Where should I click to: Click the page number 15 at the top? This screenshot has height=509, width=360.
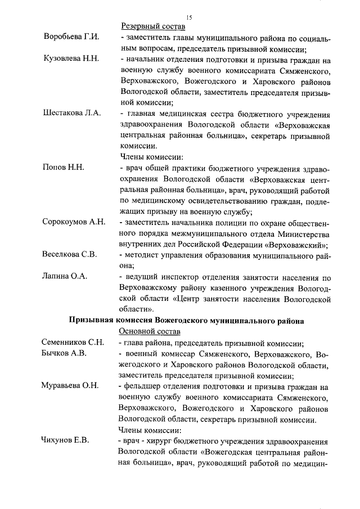tap(189, 17)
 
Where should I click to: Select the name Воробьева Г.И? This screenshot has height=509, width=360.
tap(71, 37)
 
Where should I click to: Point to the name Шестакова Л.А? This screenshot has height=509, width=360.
tap(71, 112)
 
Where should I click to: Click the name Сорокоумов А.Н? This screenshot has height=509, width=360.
tap(74, 222)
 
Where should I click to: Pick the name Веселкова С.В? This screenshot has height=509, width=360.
tap(70, 254)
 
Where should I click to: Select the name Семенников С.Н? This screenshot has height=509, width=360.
tap(73, 343)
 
